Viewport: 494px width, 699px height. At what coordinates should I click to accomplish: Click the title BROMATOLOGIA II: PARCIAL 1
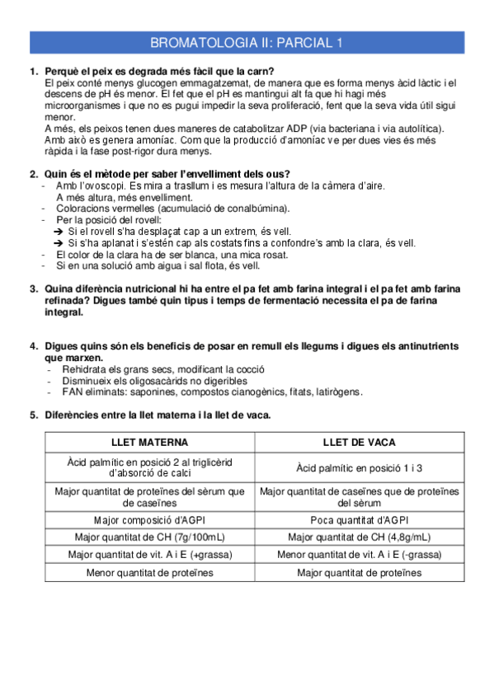pyautogui.click(x=247, y=43)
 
